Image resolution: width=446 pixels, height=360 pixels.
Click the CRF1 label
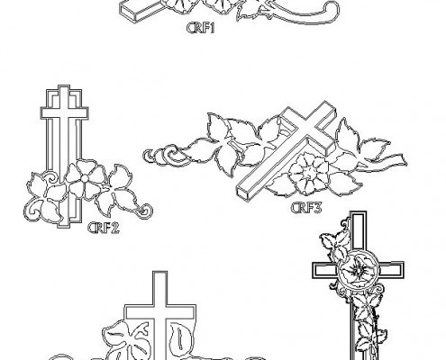pos(201,28)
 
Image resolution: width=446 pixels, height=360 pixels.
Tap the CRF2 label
pos(104,228)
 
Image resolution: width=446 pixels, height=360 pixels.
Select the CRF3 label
pos(306,208)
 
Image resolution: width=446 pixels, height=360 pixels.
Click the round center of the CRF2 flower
pos(85,179)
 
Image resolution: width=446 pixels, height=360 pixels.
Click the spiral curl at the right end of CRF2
pos(146,211)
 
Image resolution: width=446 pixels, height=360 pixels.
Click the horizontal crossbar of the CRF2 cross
pos(64,113)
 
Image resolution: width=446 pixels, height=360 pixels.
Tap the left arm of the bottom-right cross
pos(325,271)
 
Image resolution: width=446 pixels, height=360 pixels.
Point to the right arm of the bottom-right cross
pos(390,270)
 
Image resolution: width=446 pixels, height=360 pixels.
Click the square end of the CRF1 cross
pos(128,12)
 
